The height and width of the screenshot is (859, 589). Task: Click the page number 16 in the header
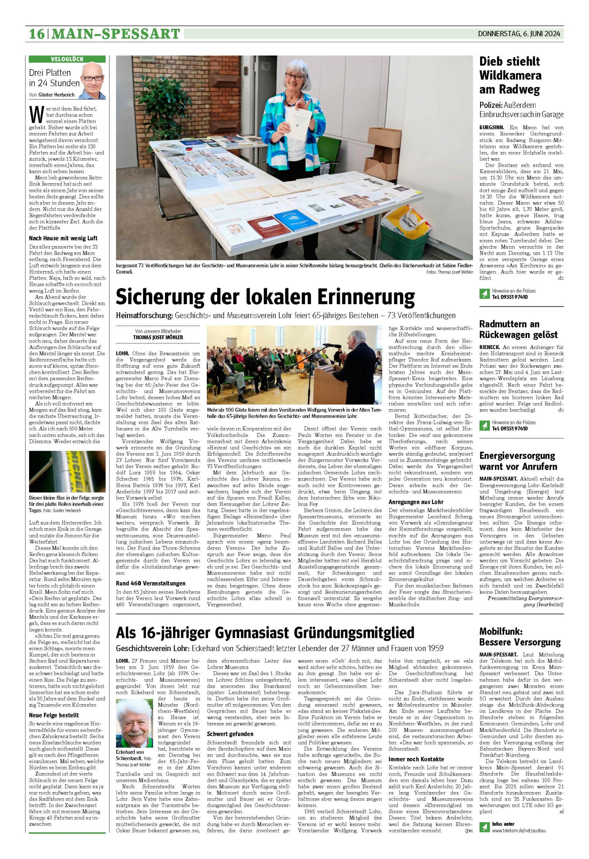(37, 34)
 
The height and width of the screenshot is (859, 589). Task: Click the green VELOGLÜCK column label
(67, 59)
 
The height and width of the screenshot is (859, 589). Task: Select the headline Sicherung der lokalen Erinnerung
(265, 296)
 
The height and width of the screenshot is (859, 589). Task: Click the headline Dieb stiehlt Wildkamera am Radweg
(510, 75)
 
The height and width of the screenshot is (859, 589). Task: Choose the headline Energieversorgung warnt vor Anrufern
(518, 461)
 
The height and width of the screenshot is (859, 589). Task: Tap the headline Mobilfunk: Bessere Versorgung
(520, 637)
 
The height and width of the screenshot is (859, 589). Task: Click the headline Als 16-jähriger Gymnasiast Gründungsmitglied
(265, 633)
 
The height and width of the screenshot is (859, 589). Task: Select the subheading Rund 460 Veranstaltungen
(150, 583)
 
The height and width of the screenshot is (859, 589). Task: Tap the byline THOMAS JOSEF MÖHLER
(158, 338)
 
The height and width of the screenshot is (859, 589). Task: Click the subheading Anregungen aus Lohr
(416, 502)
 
